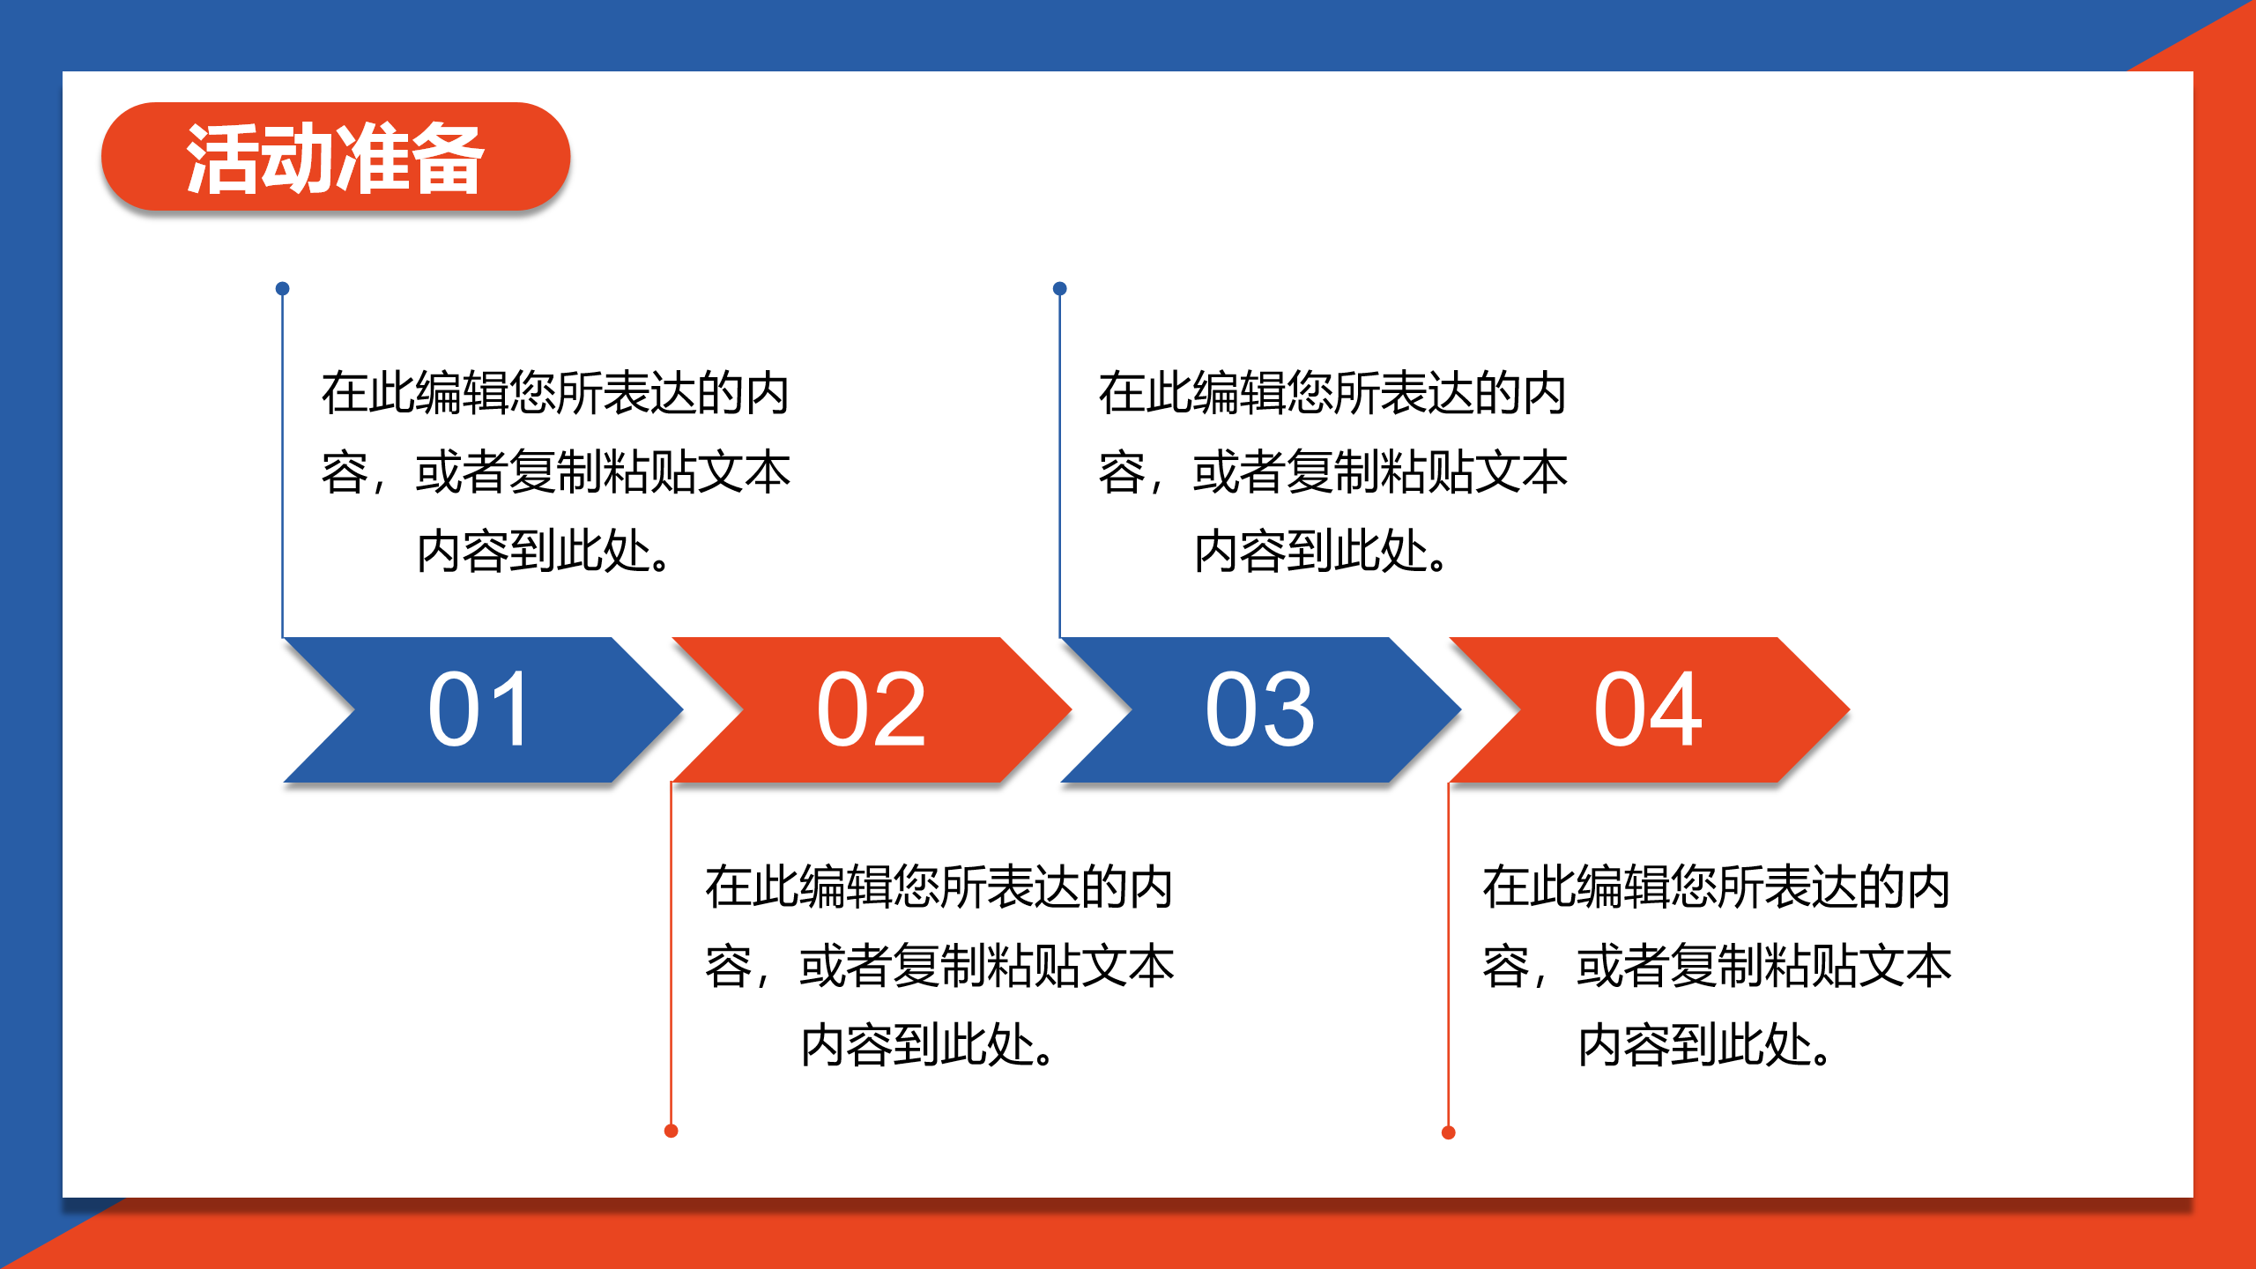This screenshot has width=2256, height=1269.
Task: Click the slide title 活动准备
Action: point(335,158)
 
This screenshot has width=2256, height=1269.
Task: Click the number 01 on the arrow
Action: point(479,709)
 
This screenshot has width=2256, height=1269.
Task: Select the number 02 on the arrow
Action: point(872,709)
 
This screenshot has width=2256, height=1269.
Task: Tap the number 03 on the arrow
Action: point(1260,709)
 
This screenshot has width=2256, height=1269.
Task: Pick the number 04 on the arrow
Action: point(1648,709)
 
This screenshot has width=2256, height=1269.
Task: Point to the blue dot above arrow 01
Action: point(282,288)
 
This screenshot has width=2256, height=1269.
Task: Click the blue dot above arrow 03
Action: point(1060,288)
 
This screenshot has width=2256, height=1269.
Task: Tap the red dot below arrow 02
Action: point(671,1131)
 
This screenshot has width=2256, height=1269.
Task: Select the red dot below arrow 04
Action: point(1448,1132)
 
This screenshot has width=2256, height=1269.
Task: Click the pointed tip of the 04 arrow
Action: point(1849,709)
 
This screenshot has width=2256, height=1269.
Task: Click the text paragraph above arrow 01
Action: point(556,472)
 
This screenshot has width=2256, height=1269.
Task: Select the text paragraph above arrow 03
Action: point(1333,472)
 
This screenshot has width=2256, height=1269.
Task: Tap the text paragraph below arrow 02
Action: point(939,966)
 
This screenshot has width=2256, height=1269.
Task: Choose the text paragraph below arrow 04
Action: point(1717,966)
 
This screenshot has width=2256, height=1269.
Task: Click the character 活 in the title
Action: point(222,158)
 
